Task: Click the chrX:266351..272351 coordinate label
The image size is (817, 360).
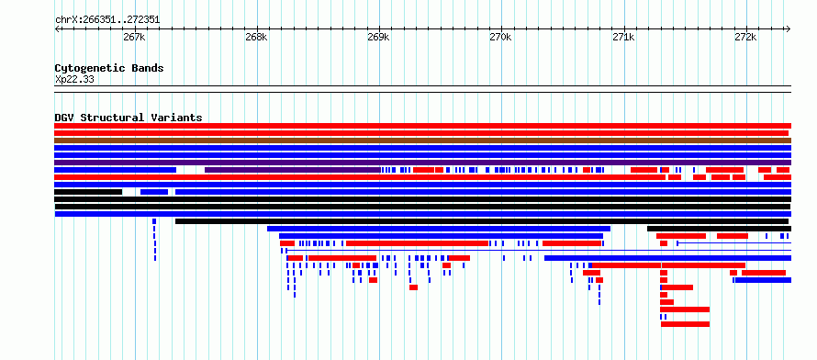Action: (x=107, y=20)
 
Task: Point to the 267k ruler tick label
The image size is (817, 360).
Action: (x=134, y=37)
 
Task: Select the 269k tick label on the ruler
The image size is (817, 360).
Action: (x=378, y=37)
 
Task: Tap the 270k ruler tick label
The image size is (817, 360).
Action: (x=500, y=37)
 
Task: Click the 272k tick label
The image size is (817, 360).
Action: (x=745, y=37)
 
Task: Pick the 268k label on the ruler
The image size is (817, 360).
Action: (x=256, y=37)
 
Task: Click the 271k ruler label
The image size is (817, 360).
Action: (x=623, y=37)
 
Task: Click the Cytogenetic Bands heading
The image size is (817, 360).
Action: (x=109, y=68)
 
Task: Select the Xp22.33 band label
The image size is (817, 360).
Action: (x=74, y=80)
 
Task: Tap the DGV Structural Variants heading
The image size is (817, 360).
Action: (x=129, y=118)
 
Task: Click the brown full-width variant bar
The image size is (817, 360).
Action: (x=422, y=141)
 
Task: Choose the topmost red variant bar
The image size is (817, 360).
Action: (x=422, y=126)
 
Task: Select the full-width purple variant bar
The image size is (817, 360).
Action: (x=422, y=163)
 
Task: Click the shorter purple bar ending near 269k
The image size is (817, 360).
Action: (x=293, y=170)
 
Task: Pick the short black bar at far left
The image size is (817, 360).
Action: (x=88, y=192)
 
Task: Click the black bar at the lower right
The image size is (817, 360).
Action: (x=719, y=229)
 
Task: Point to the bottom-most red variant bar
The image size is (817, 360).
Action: (x=685, y=324)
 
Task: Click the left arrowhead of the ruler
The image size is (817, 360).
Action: (x=57, y=29)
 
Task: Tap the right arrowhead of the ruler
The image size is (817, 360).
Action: (x=789, y=29)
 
